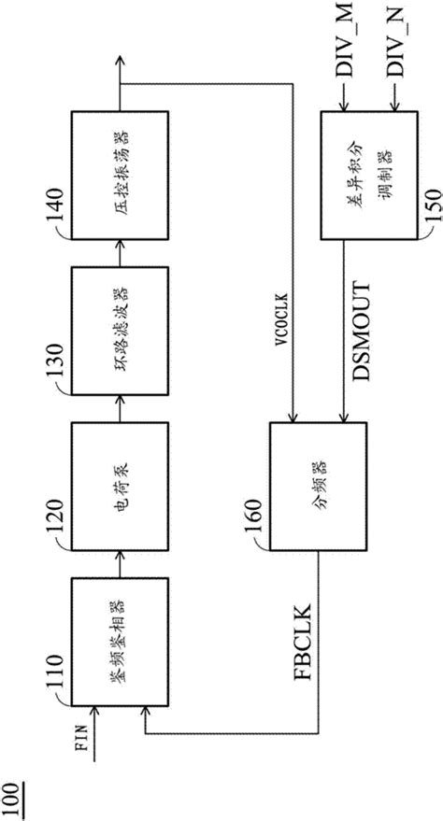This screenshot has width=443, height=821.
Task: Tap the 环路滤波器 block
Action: click(121, 331)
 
